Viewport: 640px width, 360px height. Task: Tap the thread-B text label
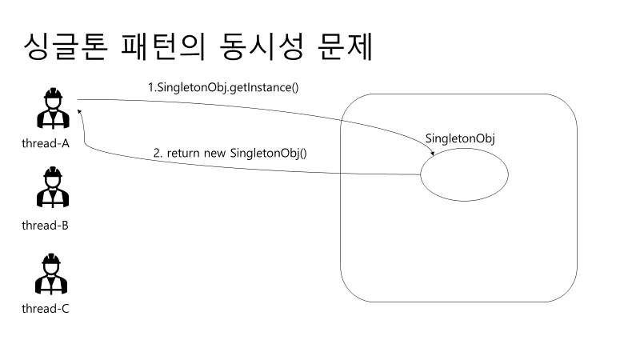[46, 225]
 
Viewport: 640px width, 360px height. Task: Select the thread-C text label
[46, 308]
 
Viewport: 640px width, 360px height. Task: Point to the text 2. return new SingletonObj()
[230, 152]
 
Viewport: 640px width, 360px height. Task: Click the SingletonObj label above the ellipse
[460, 138]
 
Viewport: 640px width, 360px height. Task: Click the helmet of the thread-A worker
[54, 95]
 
